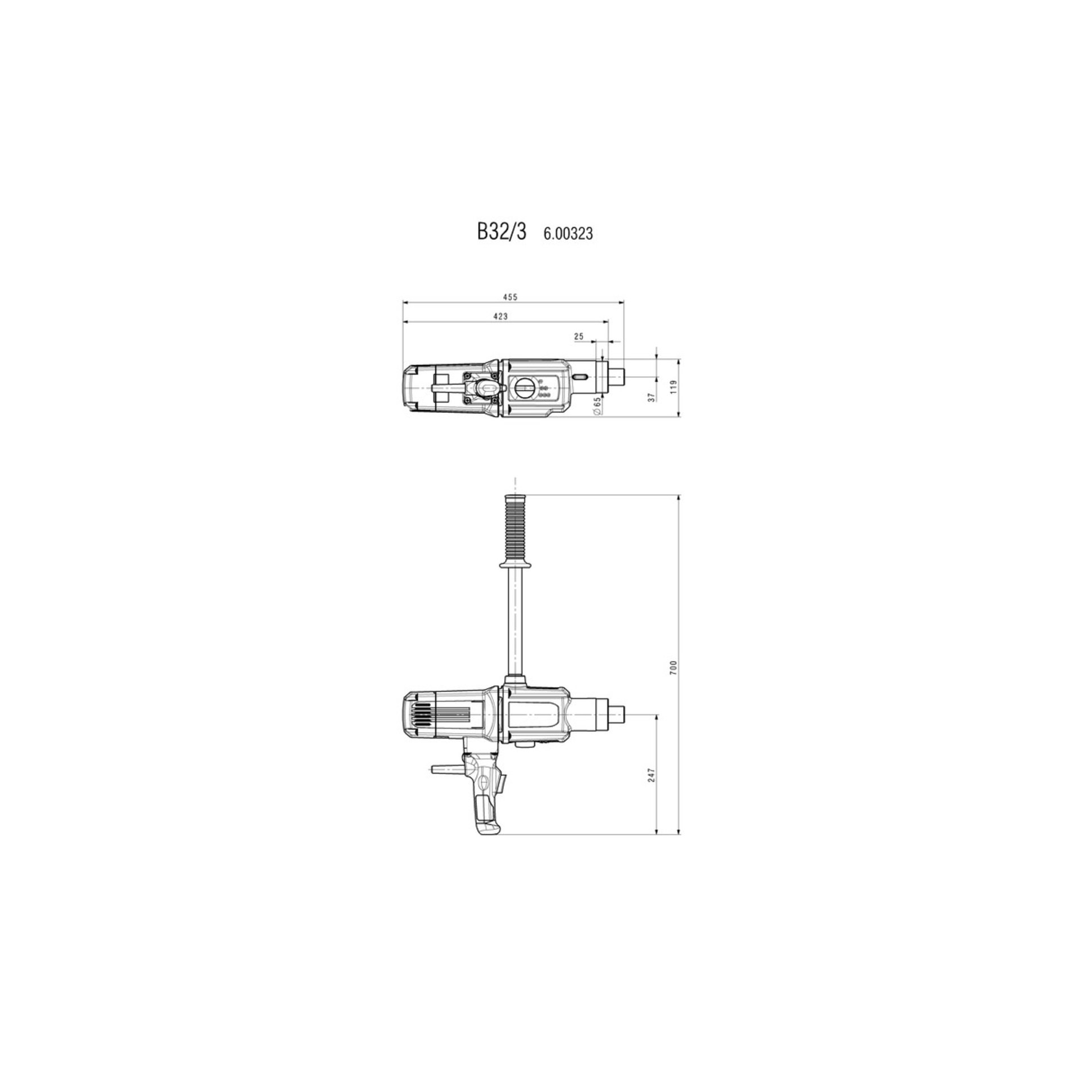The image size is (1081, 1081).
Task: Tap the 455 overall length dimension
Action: pos(510,297)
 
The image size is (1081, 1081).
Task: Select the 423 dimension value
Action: pos(501,316)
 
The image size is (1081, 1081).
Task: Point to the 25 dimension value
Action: pos(578,336)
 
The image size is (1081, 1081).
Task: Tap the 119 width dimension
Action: pos(673,387)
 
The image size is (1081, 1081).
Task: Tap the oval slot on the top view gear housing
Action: pos(580,377)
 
